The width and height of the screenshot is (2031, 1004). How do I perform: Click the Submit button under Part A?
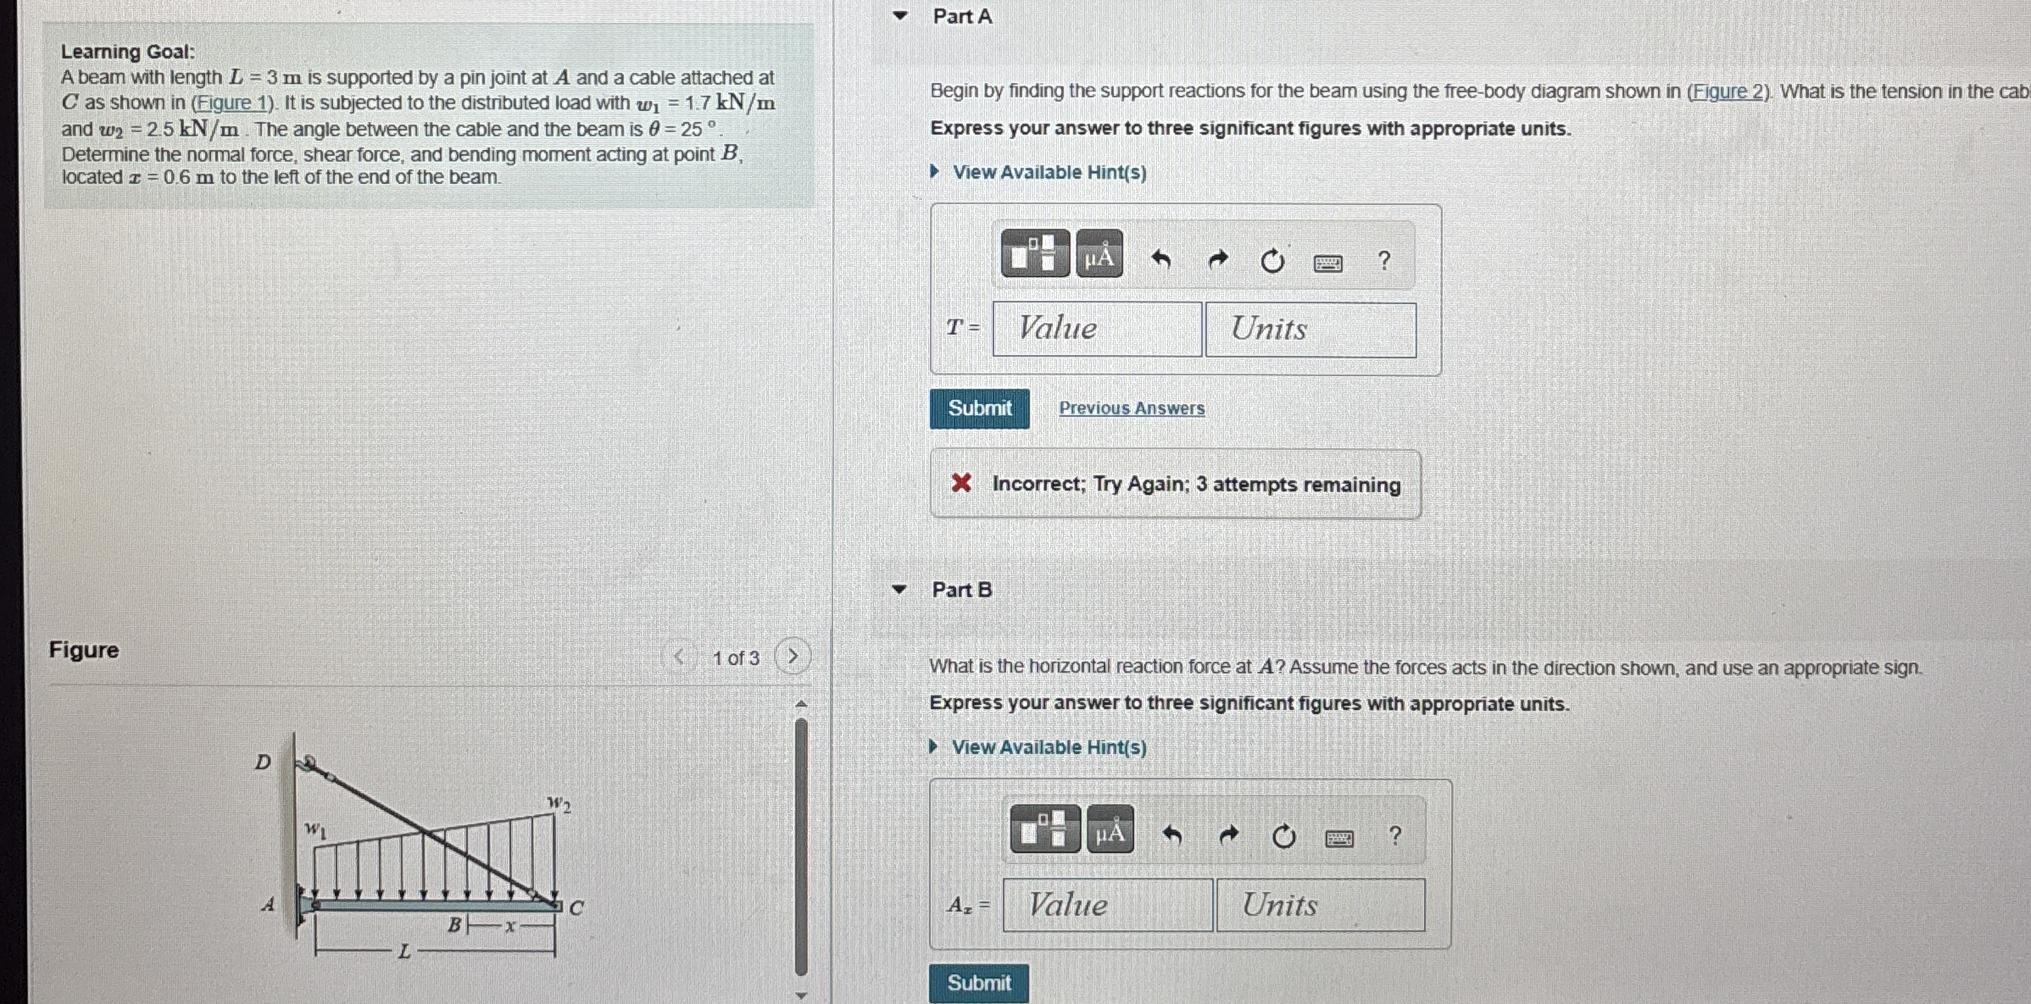979,408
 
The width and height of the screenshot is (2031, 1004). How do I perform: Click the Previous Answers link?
1131,408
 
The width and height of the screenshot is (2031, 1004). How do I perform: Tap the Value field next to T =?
1097,329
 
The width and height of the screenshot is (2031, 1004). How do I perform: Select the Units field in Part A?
1310,330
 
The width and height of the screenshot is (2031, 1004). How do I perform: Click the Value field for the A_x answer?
1107,905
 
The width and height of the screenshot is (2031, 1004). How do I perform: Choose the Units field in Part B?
1321,905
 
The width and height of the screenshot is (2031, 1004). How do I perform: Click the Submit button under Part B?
978,983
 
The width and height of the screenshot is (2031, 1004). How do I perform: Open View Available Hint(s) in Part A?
1049,172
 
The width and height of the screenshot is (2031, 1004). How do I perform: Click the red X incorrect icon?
961,483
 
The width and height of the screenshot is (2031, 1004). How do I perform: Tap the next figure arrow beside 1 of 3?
793,657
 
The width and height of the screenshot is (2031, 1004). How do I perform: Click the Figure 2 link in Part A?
1728,92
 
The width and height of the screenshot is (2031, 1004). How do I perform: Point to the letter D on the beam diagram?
263,762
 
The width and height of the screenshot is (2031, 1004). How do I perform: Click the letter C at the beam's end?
576,908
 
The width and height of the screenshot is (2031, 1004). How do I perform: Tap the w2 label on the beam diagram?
559,803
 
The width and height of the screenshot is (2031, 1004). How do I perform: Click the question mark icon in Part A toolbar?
1383,260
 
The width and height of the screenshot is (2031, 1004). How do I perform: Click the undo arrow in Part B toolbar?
1171,836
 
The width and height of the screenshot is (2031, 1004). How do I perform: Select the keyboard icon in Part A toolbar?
1327,263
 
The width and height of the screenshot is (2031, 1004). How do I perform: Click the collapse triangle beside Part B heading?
899,590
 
